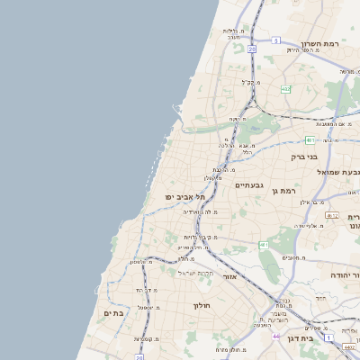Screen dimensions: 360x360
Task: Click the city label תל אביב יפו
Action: pyautogui.click(x=186, y=197)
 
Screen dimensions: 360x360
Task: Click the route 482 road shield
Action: pyautogui.click(x=285, y=89)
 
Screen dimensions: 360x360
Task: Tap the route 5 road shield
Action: pyautogui.click(x=275, y=40)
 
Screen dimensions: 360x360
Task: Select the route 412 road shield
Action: pyautogui.click(x=332, y=215)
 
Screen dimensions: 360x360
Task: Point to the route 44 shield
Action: pyautogui.click(x=275, y=336)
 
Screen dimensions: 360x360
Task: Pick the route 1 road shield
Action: pyautogui.click(x=329, y=337)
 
